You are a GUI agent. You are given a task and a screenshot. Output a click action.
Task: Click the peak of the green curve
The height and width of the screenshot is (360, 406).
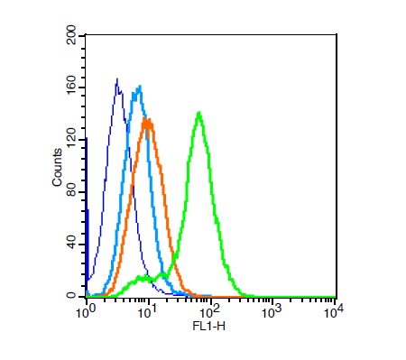pos(198,114)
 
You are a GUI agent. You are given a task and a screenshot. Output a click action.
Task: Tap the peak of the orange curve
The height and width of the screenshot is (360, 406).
pos(146,120)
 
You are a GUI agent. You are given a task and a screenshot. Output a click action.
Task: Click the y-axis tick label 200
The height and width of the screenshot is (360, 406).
pos(71,36)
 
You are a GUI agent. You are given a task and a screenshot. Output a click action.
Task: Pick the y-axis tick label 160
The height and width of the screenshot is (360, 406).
pos(71,88)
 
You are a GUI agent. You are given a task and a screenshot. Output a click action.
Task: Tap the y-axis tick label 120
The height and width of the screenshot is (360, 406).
pos(71,141)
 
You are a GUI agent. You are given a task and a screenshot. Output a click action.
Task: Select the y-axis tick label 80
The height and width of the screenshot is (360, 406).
pos(71,193)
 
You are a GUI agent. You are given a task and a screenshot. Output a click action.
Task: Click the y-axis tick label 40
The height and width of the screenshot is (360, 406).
pos(71,245)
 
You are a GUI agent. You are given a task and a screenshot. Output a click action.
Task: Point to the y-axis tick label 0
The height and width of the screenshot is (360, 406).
pos(71,296)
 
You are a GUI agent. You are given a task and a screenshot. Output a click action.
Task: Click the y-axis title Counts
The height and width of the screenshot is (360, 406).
pos(57,167)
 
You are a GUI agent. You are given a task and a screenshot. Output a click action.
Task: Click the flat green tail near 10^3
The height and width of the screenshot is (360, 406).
pos(271,296)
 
